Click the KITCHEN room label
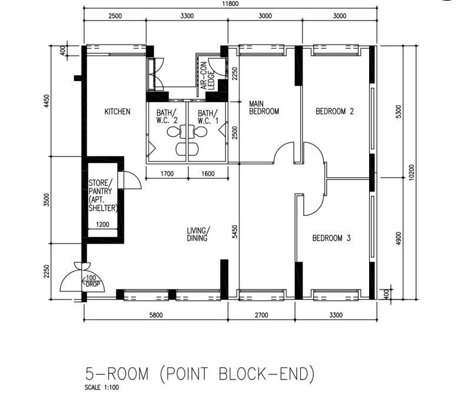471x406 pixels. (117, 112)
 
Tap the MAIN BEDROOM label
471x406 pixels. (264, 108)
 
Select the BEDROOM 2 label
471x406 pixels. (334, 111)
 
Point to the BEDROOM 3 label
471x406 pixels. (331, 238)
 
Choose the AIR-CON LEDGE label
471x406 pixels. (208, 76)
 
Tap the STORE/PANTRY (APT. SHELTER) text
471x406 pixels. (102, 195)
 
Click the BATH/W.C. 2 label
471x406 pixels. (167, 117)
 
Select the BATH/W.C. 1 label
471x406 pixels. (208, 117)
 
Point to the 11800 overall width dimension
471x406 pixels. (230, 4)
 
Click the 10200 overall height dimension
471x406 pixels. (412, 172)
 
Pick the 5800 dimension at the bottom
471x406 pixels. (156, 315)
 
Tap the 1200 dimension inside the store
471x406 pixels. (102, 224)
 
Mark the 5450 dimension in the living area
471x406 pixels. (234, 231)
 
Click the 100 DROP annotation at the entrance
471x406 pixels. (91, 281)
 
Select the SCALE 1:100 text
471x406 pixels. (102, 387)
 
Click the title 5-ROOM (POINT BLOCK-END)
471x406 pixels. (200, 374)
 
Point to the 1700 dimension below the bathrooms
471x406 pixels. (167, 174)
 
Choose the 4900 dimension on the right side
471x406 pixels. (399, 238)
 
